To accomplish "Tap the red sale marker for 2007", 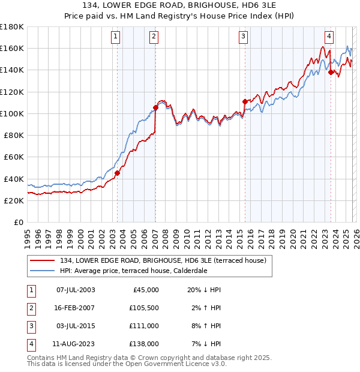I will tap(155, 107).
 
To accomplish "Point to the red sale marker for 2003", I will tap(118, 173).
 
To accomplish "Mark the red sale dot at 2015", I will tap(245, 101).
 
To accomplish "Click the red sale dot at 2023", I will tap(331, 72).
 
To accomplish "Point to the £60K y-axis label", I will tap(14, 157).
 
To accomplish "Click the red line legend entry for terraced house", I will tap(151, 260).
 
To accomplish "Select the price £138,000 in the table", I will tap(145, 344).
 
